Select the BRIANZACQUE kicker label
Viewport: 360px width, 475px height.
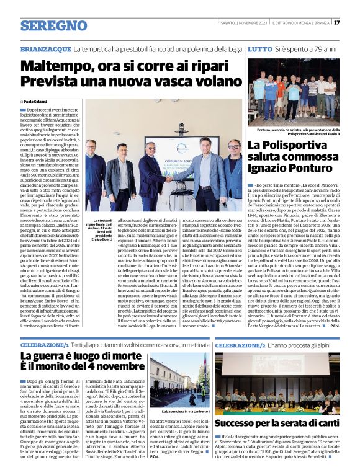coord(45,48)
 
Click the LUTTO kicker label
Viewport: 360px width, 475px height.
coord(259,48)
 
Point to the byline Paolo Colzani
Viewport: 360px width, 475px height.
coord(36,101)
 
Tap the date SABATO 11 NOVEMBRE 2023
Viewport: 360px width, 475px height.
coord(245,22)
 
